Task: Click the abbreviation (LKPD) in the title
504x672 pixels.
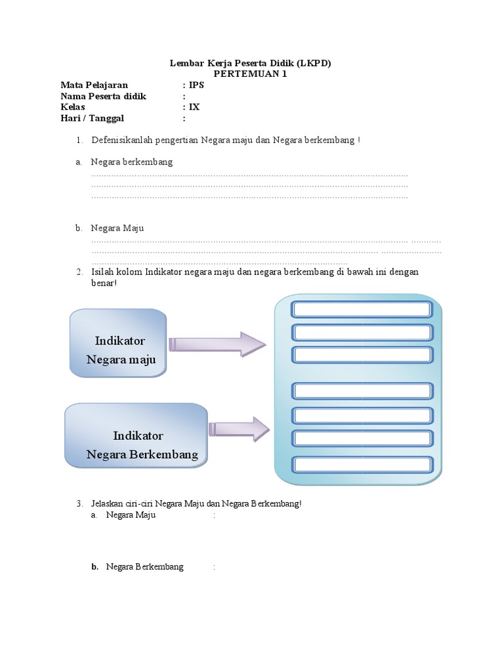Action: point(318,64)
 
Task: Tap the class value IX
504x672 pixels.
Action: point(194,108)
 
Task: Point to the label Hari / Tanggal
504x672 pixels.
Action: point(93,119)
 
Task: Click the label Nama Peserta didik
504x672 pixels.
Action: point(104,96)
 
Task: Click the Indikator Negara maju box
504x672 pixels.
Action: point(117,343)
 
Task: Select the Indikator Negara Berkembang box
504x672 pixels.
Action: point(136,436)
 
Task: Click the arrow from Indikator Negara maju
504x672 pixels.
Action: point(217,345)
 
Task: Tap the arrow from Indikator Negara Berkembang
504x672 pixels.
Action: point(238,429)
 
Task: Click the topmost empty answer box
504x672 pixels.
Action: point(362,310)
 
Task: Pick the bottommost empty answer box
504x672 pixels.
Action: point(362,464)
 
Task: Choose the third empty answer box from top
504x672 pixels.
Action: point(362,355)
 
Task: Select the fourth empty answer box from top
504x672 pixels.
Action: point(362,391)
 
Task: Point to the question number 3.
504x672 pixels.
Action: point(79,504)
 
